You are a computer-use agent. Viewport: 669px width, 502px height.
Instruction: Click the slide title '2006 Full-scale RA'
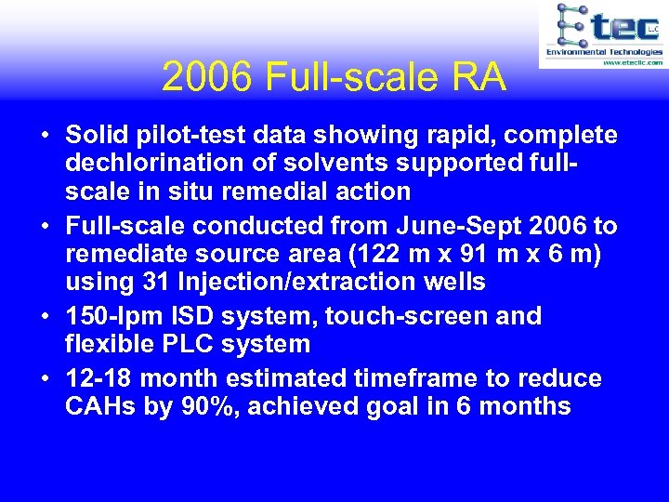pyautogui.click(x=334, y=77)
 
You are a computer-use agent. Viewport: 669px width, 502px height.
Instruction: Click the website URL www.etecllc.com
pyautogui.click(x=632, y=62)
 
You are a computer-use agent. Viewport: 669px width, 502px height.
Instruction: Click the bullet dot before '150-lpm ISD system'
pyautogui.click(x=45, y=317)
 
